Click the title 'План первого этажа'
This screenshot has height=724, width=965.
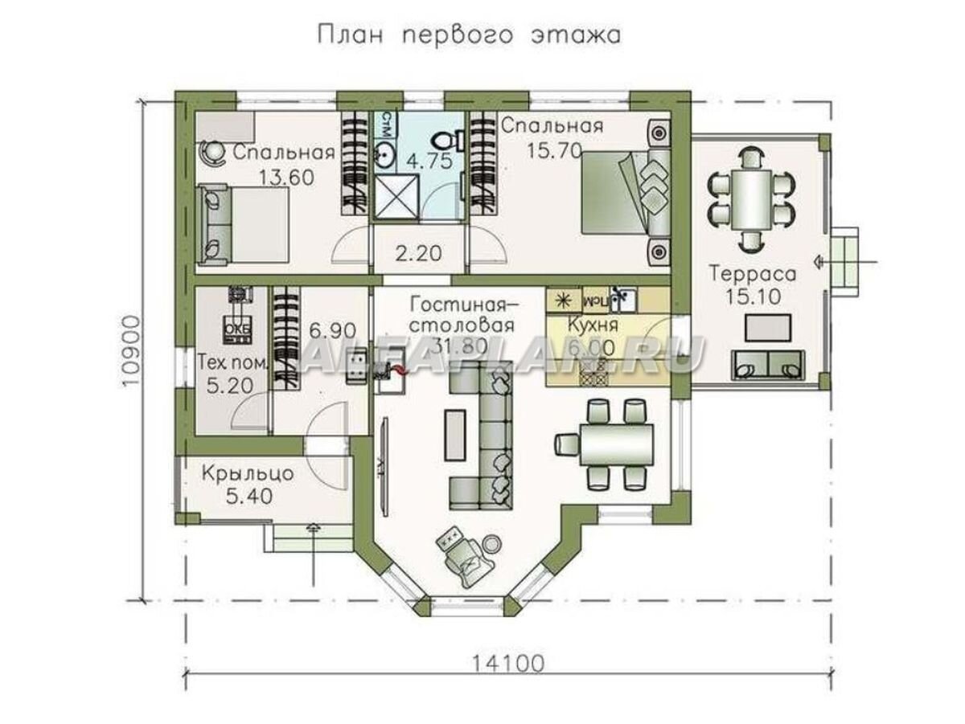(x=470, y=36)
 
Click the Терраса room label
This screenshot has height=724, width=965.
(x=753, y=274)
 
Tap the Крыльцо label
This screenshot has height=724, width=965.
(x=248, y=472)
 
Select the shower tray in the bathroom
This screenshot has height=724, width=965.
(x=396, y=195)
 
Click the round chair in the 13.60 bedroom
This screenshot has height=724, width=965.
(x=213, y=150)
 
